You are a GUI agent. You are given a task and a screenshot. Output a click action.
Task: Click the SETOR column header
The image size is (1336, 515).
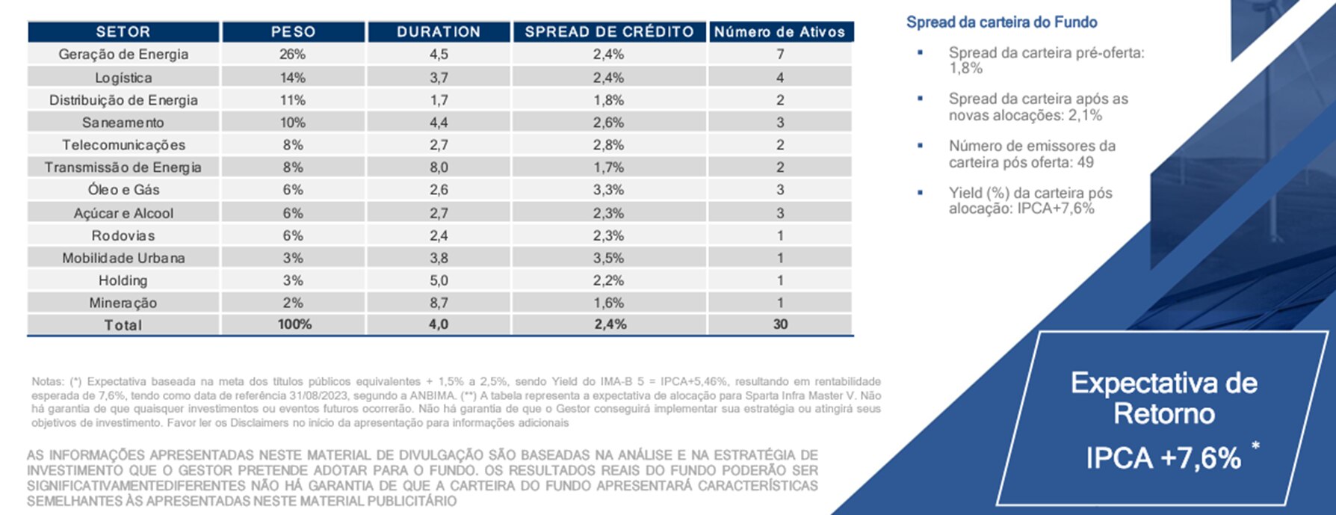coord(123,32)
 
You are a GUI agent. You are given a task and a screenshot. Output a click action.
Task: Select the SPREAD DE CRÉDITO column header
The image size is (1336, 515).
coord(609,32)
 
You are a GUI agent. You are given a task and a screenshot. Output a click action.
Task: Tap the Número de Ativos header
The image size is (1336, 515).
coord(779,32)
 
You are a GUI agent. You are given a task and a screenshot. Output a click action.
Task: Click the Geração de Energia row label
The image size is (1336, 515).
coord(123,55)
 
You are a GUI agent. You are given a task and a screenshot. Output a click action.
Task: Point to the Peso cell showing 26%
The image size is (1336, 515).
coord(293,55)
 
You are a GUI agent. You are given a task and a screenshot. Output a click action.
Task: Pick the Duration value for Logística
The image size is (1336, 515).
coord(439,78)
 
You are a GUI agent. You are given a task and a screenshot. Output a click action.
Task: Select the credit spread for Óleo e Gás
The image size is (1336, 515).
coord(608,190)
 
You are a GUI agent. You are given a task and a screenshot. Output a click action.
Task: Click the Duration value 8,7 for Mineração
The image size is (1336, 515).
coord(439,303)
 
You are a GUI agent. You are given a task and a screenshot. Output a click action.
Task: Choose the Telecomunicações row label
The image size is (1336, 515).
coord(123,145)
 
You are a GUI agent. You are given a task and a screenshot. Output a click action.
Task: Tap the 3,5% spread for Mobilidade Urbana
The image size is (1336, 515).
coord(608,258)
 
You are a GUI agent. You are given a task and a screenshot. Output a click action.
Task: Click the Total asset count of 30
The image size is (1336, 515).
coord(780,324)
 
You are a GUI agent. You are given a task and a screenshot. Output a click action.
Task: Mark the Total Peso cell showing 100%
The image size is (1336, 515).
coord(294,324)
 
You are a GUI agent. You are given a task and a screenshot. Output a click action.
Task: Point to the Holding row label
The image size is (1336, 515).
coord(123,280)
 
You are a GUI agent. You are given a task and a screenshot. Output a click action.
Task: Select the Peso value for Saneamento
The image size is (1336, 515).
coord(293,123)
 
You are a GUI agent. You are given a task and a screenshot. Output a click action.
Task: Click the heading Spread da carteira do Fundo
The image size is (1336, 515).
coord(1001,22)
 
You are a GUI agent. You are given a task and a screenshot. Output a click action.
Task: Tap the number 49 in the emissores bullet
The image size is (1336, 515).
coord(1085,162)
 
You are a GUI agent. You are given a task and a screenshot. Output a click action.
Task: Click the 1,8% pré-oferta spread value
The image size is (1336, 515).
coord(965,69)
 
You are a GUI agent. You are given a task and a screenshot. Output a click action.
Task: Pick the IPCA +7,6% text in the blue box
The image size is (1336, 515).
coord(1163,457)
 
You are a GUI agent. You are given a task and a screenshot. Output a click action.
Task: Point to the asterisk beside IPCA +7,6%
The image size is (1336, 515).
coord(1255,447)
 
